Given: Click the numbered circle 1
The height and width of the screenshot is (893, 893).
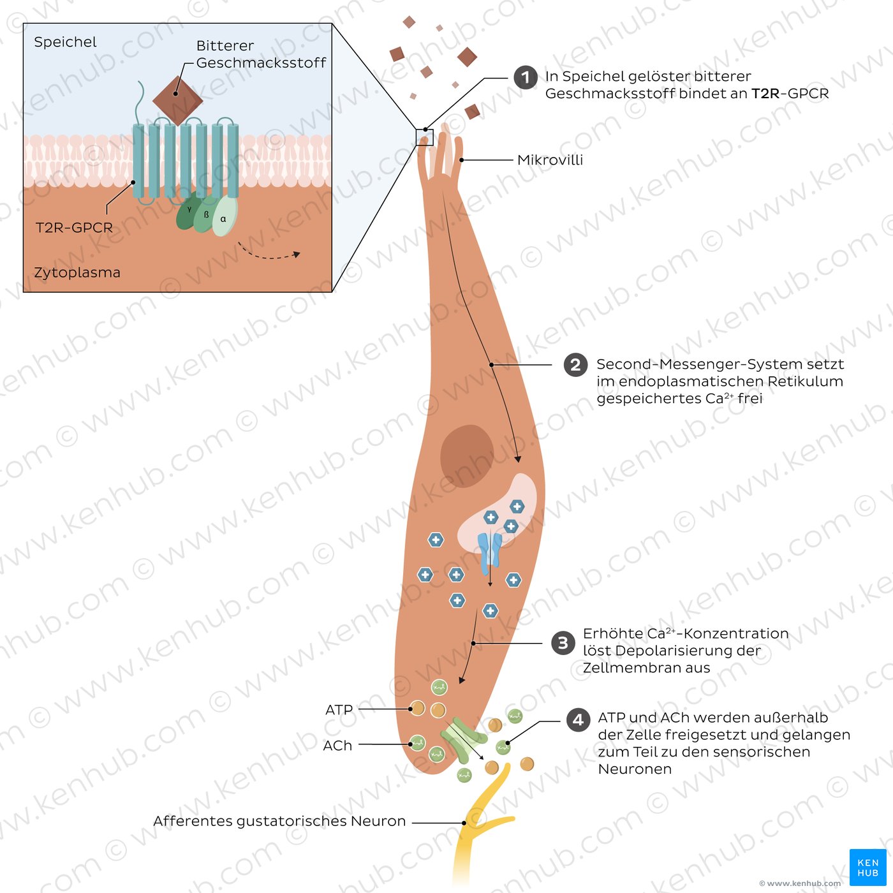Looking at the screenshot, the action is (x=525, y=77).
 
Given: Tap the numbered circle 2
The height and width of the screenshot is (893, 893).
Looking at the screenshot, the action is (x=575, y=365).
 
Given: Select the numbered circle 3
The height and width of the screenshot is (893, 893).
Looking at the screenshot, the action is (x=563, y=643).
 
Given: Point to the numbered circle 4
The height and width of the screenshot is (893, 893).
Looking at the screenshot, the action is (x=579, y=720).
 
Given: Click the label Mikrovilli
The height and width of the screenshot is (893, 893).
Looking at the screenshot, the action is (x=550, y=160).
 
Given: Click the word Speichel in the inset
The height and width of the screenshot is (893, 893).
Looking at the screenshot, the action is (x=65, y=43).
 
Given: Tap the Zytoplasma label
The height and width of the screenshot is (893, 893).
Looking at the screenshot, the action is (x=77, y=272).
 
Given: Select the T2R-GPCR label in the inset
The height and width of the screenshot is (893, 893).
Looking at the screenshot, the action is (x=74, y=228).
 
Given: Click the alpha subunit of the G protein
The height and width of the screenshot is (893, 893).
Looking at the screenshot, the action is (x=225, y=216).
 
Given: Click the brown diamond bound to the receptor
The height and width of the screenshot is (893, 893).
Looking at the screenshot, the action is (x=177, y=101).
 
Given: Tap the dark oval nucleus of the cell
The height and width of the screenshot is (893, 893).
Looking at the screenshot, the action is (x=467, y=457).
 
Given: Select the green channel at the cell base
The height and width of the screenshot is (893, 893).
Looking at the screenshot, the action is (x=463, y=740).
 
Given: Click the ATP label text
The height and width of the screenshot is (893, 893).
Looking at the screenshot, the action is (x=339, y=710).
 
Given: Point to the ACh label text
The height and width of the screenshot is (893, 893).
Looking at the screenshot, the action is (x=337, y=746).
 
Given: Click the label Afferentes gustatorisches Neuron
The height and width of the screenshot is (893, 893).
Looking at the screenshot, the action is (x=279, y=821).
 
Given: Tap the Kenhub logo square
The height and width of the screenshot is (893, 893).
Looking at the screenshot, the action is (x=867, y=867).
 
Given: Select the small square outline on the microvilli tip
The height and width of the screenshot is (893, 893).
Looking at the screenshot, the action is (x=424, y=137).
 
